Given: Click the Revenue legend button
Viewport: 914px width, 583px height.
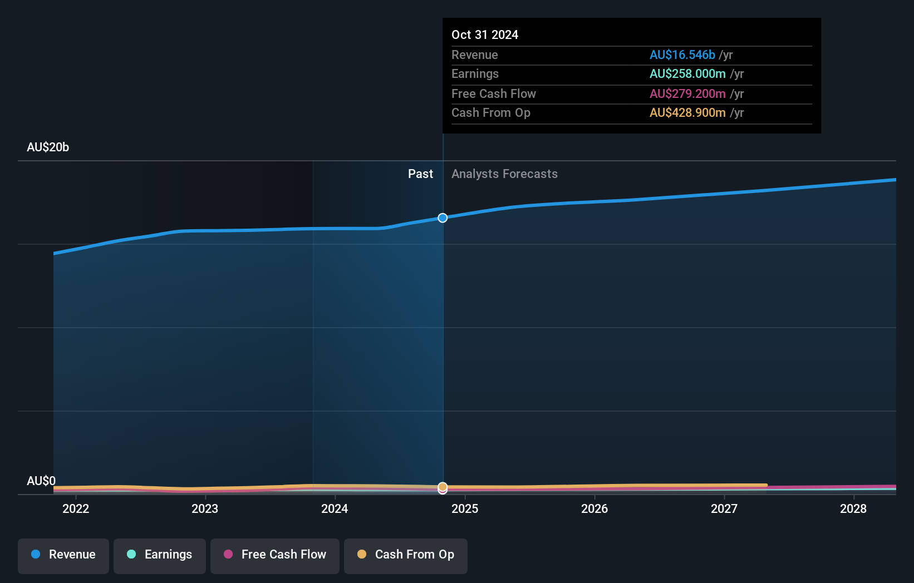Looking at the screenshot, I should click(63, 555).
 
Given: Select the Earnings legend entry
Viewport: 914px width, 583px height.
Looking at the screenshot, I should click(160, 555).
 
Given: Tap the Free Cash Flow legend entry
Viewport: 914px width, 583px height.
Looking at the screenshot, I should click(275, 555).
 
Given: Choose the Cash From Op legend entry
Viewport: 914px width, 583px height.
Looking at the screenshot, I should click(406, 555).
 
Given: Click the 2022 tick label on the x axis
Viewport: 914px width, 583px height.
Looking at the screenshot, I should click(76, 508).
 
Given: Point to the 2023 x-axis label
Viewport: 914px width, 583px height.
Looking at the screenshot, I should click(205, 508).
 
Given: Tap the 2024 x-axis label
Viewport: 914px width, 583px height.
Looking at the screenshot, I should click(335, 508).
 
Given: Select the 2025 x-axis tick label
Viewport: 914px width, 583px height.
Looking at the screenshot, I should click(465, 508).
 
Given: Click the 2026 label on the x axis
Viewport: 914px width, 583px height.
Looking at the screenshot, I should click(594, 508).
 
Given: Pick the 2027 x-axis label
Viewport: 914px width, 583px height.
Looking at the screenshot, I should click(724, 508).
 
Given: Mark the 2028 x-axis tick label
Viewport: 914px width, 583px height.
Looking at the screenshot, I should click(853, 508).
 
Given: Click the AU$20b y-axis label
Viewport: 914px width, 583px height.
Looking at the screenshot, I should click(48, 147).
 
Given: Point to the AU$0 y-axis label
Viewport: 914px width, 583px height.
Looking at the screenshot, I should click(41, 481).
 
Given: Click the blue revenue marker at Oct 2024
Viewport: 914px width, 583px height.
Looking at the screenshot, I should click(443, 218).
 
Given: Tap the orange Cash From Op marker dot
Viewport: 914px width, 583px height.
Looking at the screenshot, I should click(443, 487).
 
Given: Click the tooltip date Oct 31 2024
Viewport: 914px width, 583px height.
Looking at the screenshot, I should click(485, 35).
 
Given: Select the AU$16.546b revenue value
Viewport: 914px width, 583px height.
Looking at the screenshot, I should click(682, 55).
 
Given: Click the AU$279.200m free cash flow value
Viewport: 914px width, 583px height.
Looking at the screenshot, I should click(687, 94).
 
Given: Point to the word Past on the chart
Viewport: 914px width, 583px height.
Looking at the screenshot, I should click(420, 174).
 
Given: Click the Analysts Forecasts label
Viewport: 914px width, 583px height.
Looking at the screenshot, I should click(504, 174).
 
